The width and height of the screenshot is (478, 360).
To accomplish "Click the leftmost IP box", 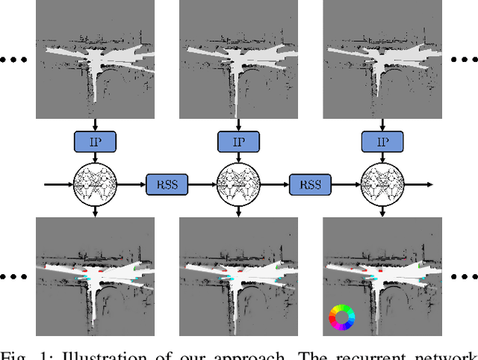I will [96, 140].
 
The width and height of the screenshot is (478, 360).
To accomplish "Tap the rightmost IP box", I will [382, 140].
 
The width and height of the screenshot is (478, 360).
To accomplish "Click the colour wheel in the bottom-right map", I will [341, 317].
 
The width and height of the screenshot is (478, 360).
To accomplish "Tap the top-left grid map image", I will [96, 59].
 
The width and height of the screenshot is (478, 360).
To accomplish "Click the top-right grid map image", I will [382, 59].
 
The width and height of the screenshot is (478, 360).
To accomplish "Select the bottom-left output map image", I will [96, 277].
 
